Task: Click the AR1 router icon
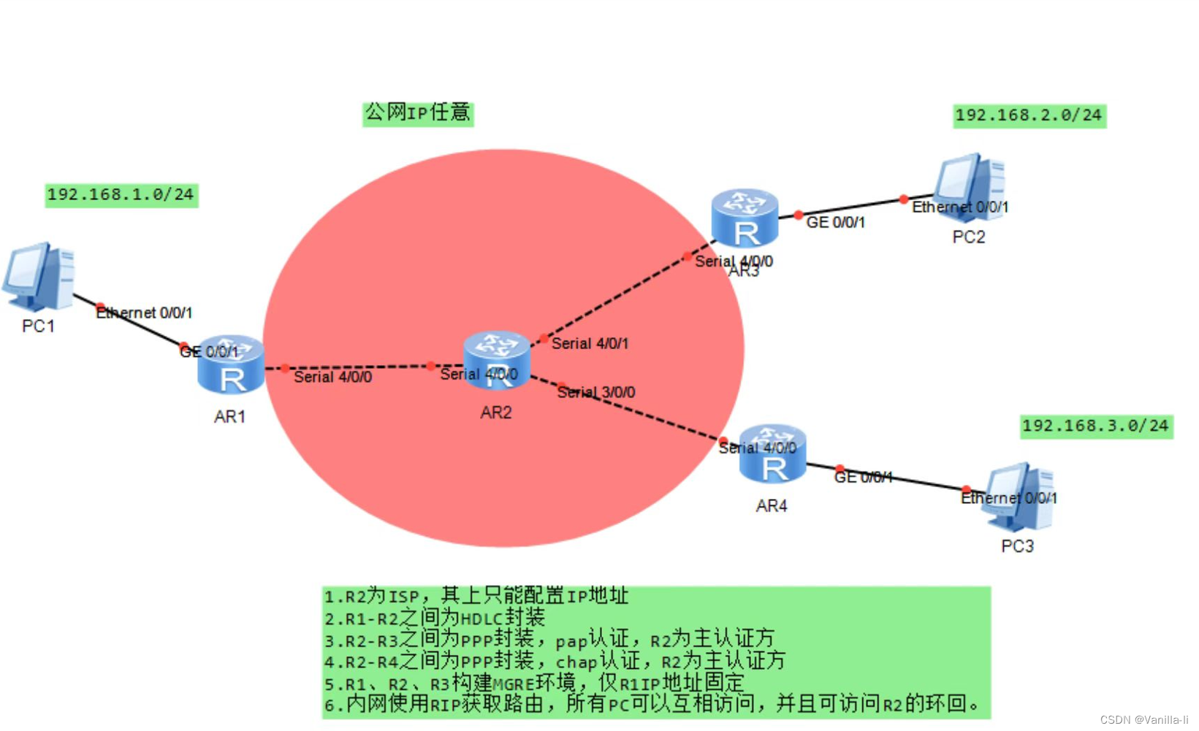point(231,365)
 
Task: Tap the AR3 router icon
point(745,218)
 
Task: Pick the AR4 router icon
point(772,455)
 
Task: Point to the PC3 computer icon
point(1019,497)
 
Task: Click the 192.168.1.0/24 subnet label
point(121,195)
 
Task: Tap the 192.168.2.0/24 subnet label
point(1029,115)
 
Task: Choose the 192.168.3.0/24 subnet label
point(1095,426)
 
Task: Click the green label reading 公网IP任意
point(418,113)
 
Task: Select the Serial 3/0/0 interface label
point(596,393)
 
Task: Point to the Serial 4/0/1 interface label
point(590,344)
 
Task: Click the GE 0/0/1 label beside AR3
point(835,223)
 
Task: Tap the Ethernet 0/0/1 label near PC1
point(145,313)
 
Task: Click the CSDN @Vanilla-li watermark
point(1143,720)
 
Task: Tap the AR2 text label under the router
point(496,413)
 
